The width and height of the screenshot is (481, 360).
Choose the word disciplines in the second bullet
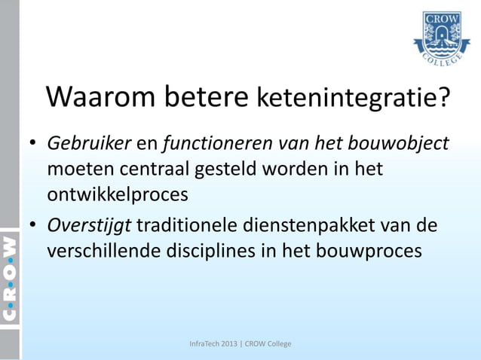(199, 251)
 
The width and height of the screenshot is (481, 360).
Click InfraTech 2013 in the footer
(215, 344)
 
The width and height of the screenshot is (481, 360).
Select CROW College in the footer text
(267, 344)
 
